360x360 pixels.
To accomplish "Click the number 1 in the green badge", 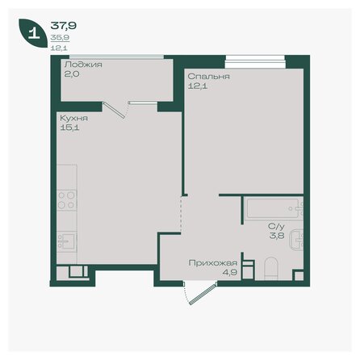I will [x=33, y=34].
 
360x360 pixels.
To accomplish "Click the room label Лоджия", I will [x=82, y=63].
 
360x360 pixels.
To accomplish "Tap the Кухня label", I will [x=73, y=117].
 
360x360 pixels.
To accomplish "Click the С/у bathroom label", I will [x=276, y=227].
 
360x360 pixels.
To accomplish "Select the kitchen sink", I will [x=66, y=241].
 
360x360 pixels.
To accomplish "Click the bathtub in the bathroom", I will [x=273, y=209].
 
